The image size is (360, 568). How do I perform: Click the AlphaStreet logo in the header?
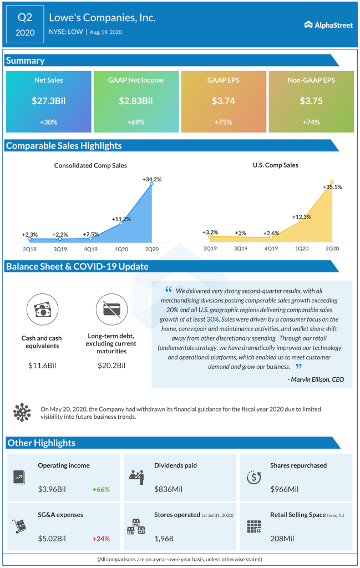click(x=328, y=25)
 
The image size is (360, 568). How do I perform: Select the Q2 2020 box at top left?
click(x=26, y=25)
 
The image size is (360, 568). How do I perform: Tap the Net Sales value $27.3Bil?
click(x=48, y=102)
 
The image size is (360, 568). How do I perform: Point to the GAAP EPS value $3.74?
click(x=224, y=102)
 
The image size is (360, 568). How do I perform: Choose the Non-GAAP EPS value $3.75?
click(x=311, y=102)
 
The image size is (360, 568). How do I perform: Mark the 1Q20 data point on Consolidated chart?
click(x=121, y=223)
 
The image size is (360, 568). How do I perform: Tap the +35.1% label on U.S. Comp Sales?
click(x=332, y=187)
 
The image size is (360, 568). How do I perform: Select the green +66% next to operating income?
click(x=101, y=490)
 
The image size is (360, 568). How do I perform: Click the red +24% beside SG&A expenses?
click(x=101, y=539)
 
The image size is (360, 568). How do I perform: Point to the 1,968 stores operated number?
click(x=164, y=539)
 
